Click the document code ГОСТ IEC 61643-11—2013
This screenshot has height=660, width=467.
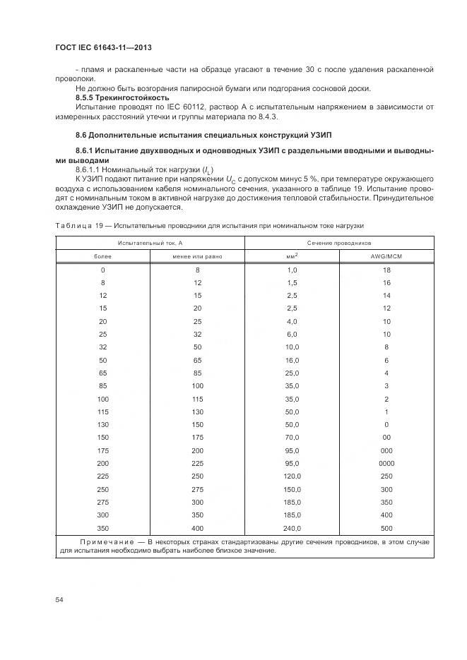point(104,47)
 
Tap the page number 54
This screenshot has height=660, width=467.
point(59,599)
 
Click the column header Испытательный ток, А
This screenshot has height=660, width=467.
point(150,242)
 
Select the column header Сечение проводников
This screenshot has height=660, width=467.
point(339,242)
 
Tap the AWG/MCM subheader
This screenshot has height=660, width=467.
point(386,256)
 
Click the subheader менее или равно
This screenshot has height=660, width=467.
point(197,256)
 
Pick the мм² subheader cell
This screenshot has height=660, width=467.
point(292,256)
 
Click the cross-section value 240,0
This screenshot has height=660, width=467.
point(292,529)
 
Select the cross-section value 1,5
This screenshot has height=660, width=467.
point(292,282)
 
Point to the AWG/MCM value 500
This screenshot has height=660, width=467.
point(386,529)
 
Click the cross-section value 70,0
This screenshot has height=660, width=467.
point(292,438)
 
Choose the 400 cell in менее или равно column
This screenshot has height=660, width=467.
point(197,529)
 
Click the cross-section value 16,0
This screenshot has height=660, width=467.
point(292,360)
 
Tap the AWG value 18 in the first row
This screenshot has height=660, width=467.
point(386,270)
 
